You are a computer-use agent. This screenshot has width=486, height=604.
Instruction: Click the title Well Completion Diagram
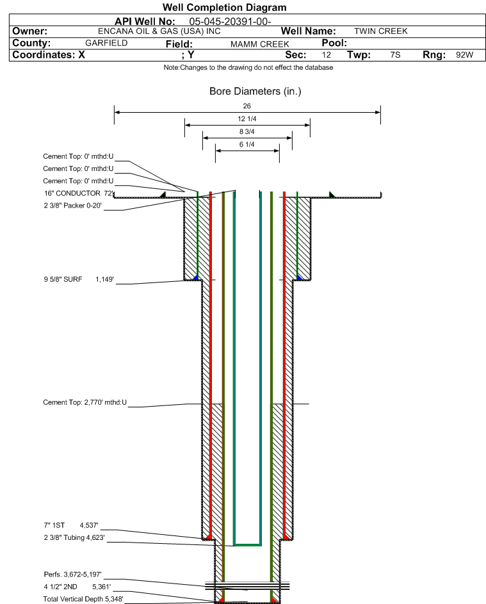click(x=224, y=8)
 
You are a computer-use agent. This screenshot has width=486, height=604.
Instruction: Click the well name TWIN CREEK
click(x=380, y=31)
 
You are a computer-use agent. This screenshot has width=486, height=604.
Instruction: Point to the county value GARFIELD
click(x=106, y=43)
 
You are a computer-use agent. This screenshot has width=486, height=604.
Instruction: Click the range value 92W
click(x=464, y=55)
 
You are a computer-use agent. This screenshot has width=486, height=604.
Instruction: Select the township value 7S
click(x=395, y=55)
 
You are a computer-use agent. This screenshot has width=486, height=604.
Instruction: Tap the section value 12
click(x=327, y=55)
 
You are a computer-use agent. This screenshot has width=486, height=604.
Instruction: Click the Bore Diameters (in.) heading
click(x=255, y=92)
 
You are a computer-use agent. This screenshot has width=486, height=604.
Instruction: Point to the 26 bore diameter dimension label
click(x=247, y=106)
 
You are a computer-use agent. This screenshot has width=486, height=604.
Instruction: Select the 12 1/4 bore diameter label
click(x=247, y=119)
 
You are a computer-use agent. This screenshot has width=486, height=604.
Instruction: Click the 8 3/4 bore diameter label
click(x=247, y=132)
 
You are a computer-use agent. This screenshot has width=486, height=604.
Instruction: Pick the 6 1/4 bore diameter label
click(x=247, y=145)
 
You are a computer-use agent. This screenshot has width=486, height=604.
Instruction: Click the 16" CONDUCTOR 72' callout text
click(x=77, y=193)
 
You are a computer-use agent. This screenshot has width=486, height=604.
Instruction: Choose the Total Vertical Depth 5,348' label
click(x=83, y=599)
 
